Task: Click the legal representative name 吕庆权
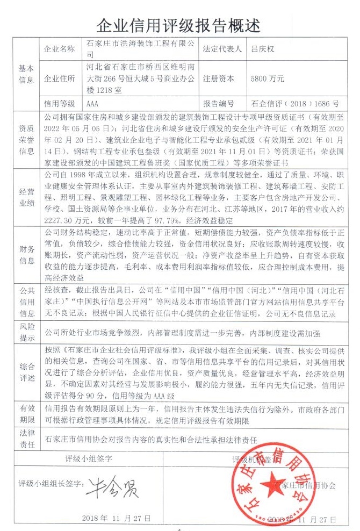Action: (x=263, y=49)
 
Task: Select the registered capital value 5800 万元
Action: (x=268, y=78)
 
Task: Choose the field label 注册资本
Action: (x=219, y=78)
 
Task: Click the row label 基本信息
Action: (x=27, y=74)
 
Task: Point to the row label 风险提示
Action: (x=27, y=331)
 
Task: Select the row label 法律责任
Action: (x=27, y=439)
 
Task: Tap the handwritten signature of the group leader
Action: (x=113, y=487)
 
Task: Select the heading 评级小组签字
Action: (x=88, y=459)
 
